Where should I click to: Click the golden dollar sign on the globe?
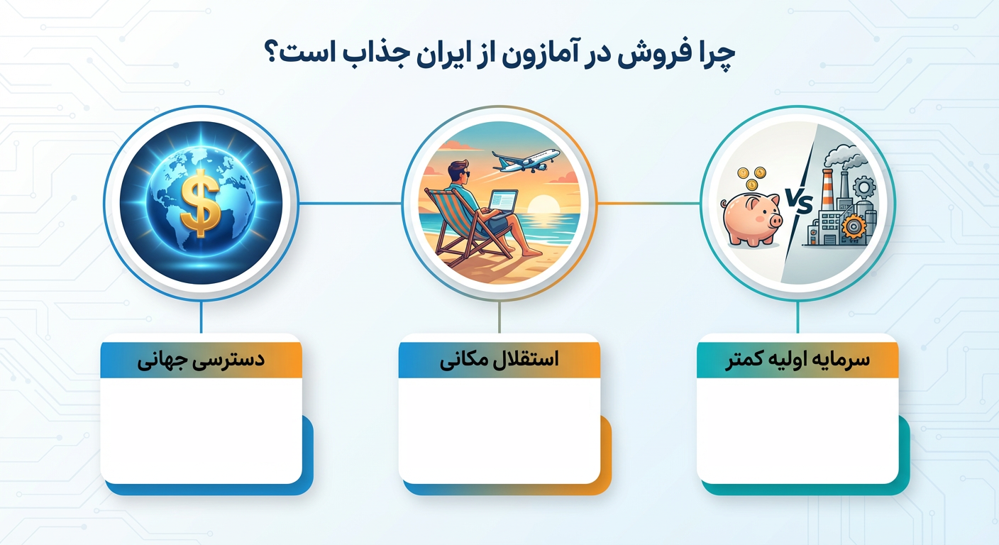click(200, 202)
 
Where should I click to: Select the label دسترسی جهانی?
click(201, 360)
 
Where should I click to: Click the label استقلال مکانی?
click(499, 360)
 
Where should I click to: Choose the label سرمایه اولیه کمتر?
click(797, 360)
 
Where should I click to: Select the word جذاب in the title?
click(345, 55)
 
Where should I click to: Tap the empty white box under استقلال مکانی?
click(499, 429)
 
